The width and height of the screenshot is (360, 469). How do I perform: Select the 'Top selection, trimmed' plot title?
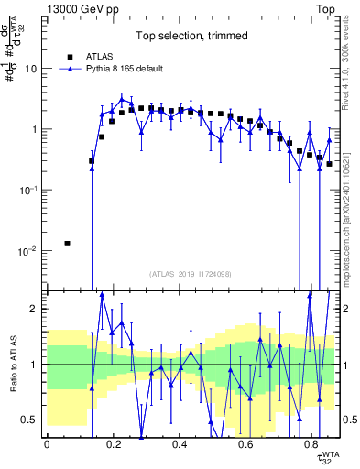(x=191, y=37)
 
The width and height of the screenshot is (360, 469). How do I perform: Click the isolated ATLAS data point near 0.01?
(x=67, y=244)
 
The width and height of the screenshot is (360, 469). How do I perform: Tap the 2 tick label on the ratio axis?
(x=33, y=309)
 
